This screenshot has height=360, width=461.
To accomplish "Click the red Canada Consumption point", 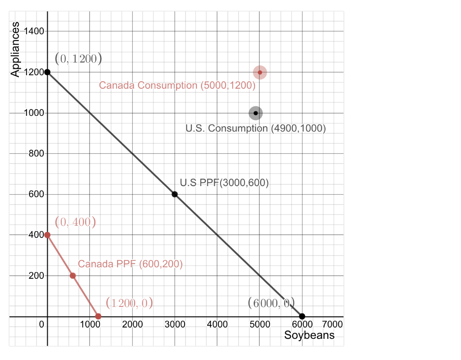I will click(x=260, y=72).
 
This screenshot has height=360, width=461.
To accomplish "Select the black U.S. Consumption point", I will click(x=256, y=113).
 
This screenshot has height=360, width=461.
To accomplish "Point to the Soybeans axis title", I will click(x=309, y=335).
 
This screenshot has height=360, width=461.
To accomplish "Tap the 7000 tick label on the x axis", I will click(x=332, y=324).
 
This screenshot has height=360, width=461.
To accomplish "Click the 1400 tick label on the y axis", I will click(x=34, y=32).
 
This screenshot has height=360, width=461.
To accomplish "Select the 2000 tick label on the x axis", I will click(x=132, y=324).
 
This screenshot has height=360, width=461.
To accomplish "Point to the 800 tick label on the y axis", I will click(x=36, y=154).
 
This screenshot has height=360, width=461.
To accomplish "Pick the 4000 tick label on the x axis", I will click(x=217, y=324).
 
